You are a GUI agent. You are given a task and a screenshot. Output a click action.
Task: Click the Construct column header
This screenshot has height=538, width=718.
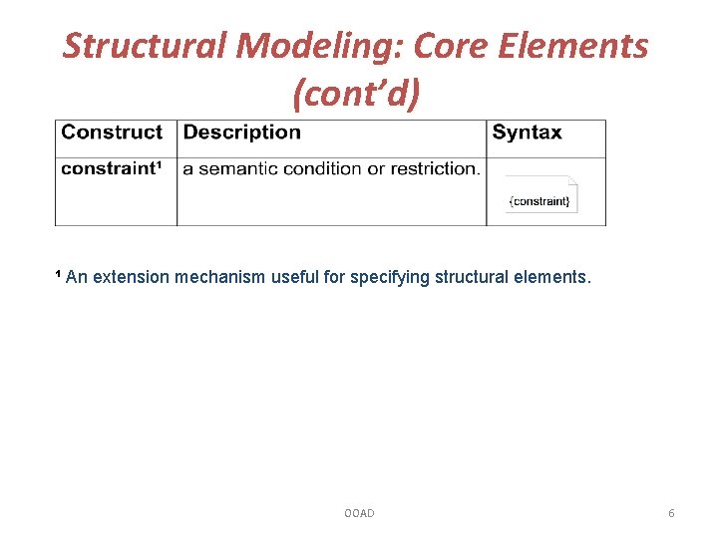coord(112,133)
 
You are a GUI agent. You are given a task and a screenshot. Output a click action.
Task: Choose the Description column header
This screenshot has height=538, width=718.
coord(242,133)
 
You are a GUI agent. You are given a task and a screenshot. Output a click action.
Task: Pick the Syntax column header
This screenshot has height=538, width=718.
coord(527,133)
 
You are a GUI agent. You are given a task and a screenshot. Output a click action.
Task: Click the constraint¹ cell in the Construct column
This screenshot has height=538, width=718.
coord(112,168)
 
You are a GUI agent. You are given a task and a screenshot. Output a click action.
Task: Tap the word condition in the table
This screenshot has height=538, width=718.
coord(323,168)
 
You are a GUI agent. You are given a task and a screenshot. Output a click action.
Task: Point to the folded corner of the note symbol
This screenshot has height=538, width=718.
coord(571,182)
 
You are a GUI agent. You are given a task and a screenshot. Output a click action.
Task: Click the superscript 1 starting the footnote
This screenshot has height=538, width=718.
coord(58,274)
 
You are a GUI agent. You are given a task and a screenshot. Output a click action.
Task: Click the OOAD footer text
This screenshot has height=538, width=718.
coord(359,513)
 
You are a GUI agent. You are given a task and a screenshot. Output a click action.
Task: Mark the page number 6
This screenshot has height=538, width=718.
coord(671,513)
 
